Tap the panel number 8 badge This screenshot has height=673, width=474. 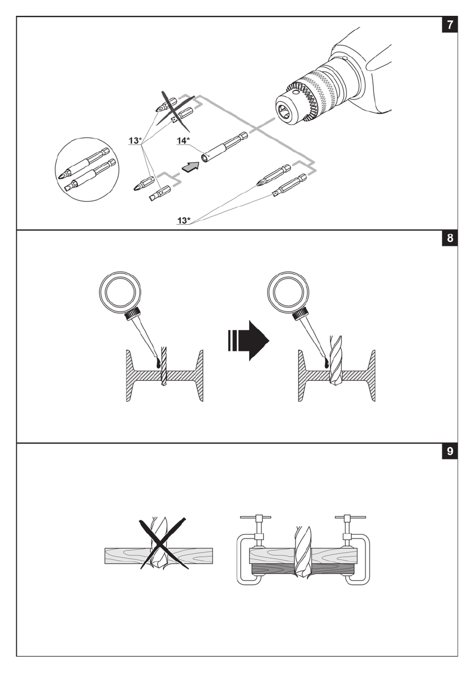pyautogui.click(x=450, y=238)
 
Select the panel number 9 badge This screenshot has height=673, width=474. pyautogui.click(x=450, y=451)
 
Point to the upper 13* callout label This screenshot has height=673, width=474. pyautogui.click(x=136, y=140)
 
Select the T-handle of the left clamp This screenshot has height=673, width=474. pyautogui.click(x=256, y=518)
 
